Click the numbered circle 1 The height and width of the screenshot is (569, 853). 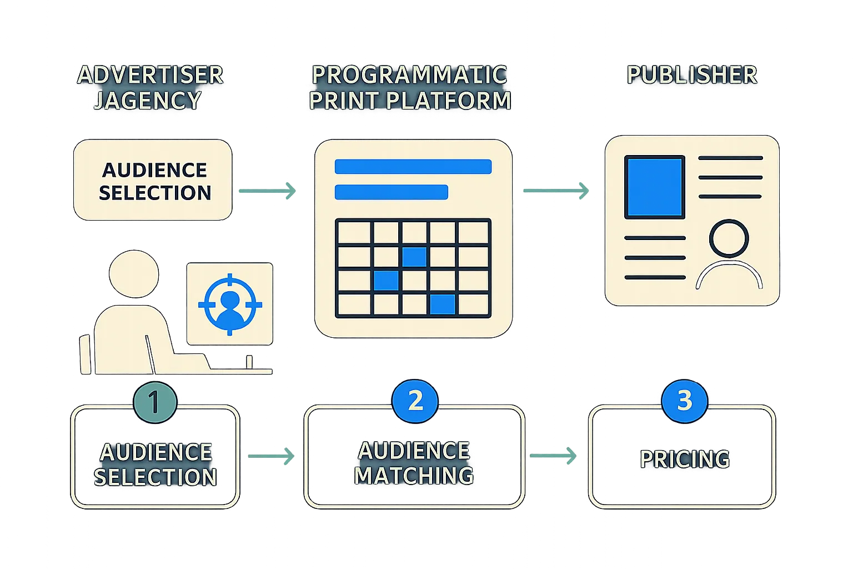tap(155, 401)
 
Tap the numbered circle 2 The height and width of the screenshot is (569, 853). tap(415, 401)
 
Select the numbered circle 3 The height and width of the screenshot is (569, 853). tap(684, 401)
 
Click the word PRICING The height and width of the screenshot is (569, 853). tap(685, 460)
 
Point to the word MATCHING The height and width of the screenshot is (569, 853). tap(414, 476)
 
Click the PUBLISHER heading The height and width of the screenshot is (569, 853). tap(692, 75)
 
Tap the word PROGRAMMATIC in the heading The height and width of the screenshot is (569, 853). tap(410, 75)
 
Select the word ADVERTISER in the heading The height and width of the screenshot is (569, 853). tap(150, 75)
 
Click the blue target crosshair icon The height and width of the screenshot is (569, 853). tap(230, 304)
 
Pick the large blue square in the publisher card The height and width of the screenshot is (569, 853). tap(655, 187)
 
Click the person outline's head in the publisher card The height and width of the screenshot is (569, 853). tap(729, 238)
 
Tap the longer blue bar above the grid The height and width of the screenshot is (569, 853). tap(413, 167)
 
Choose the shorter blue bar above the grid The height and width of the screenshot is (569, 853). tap(391, 192)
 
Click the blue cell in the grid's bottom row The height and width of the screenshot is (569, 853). tap(443, 305)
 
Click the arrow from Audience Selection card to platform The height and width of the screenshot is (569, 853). tap(268, 192)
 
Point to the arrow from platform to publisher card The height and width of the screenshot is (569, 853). tap(556, 191)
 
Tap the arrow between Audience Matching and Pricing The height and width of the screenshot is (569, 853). tap(554, 456)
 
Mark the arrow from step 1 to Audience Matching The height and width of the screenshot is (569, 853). tap(270, 457)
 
